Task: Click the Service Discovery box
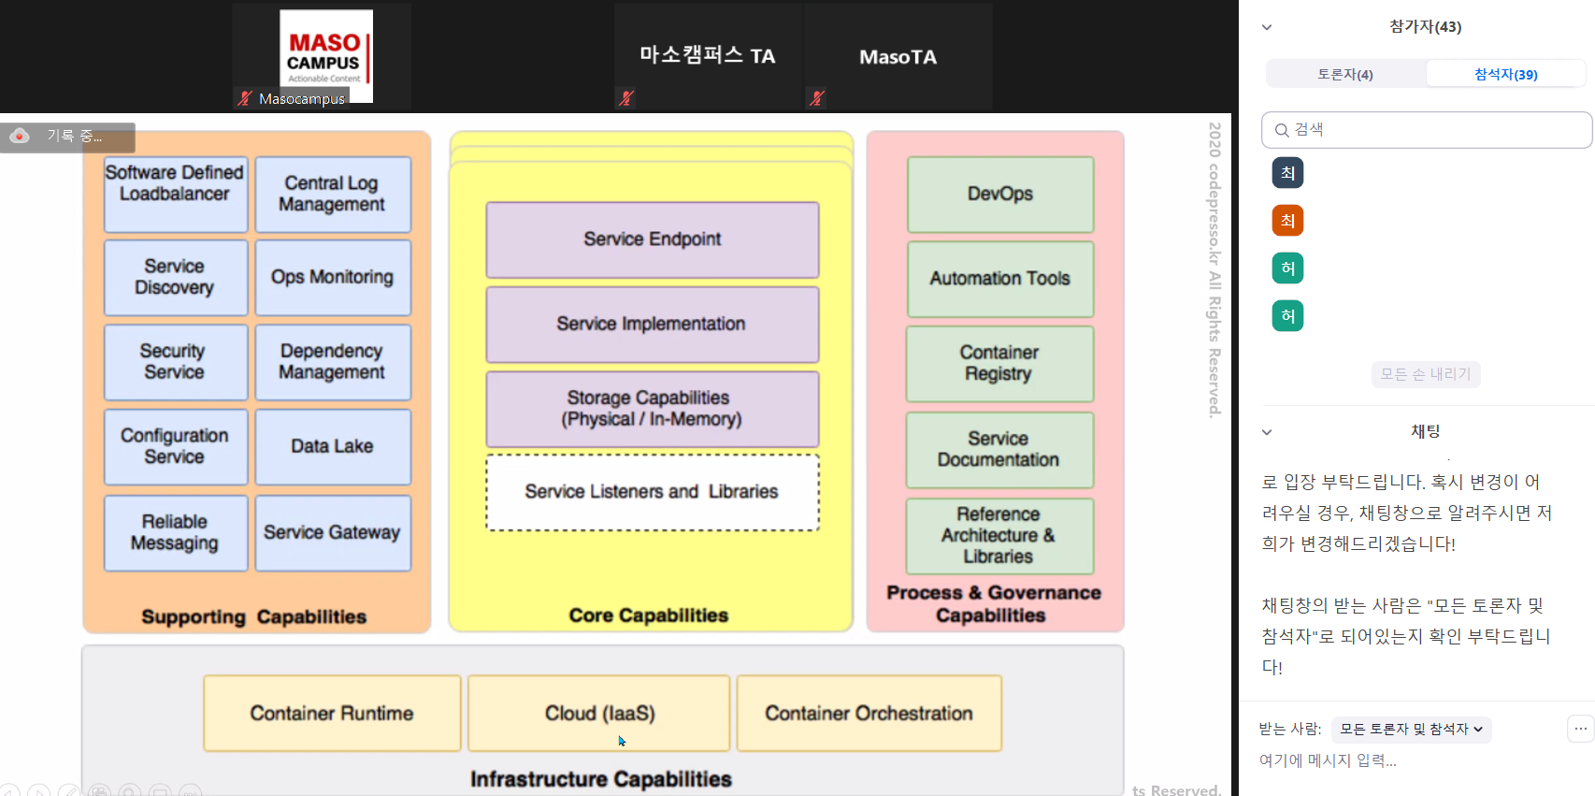(175, 277)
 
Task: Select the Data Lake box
(332, 446)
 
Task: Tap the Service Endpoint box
(652, 239)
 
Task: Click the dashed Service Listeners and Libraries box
(652, 492)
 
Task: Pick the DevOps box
(999, 194)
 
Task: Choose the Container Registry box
(999, 363)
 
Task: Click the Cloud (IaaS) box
(598, 713)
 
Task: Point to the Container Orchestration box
(869, 713)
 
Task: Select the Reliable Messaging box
(175, 532)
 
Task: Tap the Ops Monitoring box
(332, 277)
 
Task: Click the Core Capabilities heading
(648, 615)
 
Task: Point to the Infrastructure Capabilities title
(600, 779)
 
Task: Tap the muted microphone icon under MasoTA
(817, 97)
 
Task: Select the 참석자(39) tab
(1505, 74)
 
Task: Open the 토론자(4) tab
(1344, 74)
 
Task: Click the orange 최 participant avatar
(1287, 221)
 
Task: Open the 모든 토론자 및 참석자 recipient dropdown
(1411, 729)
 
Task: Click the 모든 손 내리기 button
(1425, 374)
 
